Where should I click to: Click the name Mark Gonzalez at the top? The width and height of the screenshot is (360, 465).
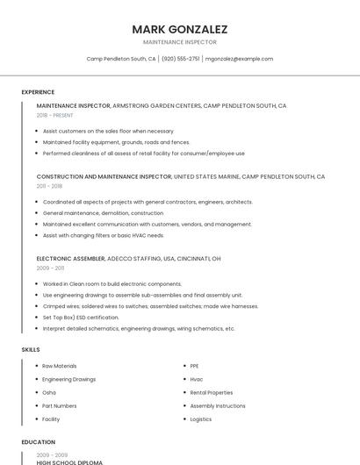[x=179, y=29]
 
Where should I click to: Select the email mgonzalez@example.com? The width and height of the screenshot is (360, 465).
[x=239, y=59]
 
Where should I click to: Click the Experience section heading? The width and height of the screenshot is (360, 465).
[x=38, y=92]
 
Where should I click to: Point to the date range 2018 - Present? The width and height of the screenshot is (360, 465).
[x=54, y=115]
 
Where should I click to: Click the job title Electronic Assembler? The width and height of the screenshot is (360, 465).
[x=70, y=259]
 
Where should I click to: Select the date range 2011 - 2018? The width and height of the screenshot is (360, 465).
[x=49, y=186]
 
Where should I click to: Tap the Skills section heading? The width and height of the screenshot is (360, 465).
[x=31, y=349]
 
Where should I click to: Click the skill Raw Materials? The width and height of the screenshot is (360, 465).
[x=60, y=366]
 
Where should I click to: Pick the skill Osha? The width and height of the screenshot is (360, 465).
[x=49, y=392]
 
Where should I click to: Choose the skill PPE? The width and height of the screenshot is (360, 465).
[x=194, y=366]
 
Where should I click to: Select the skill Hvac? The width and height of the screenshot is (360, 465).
[x=197, y=379]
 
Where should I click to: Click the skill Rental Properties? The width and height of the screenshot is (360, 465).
[x=212, y=392]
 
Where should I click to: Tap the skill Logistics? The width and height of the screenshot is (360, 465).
[x=201, y=419]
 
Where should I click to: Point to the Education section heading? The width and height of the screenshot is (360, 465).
[x=38, y=442]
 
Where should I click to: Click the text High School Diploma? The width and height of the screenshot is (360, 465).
[x=69, y=461]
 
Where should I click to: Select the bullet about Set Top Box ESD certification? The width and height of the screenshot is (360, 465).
[x=81, y=318]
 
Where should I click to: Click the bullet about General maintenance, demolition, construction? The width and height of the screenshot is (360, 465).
[x=103, y=213]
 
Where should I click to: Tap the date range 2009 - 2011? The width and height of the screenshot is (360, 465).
[x=49, y=268]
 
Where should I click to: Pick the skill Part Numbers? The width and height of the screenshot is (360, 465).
[x=60, y=406]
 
